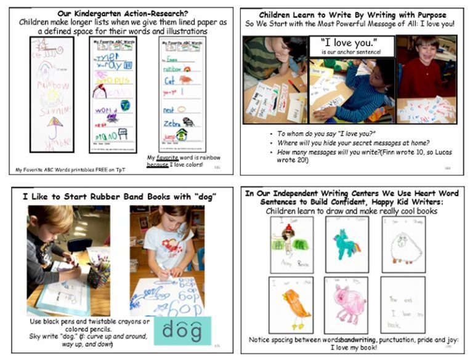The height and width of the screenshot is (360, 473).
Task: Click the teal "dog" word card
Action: click(x=182, y=330)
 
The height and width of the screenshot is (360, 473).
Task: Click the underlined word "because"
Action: click(x=157, y=164)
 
